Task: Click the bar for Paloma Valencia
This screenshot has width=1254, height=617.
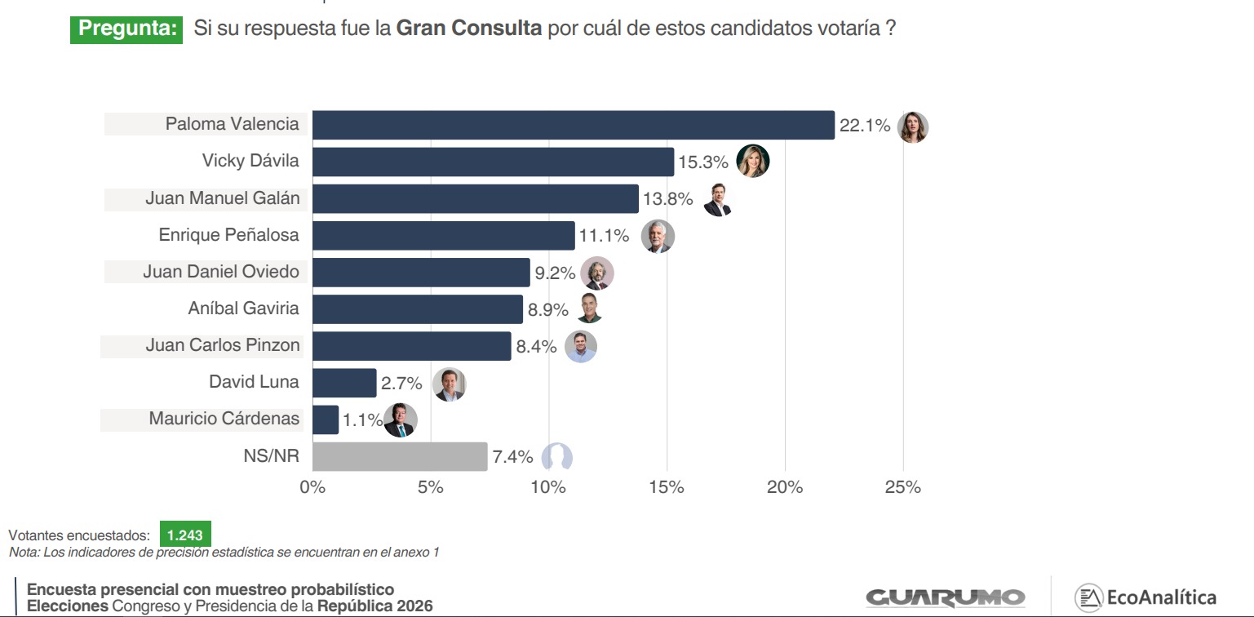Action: tap(573, 126)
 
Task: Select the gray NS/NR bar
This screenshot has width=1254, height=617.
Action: tap(400, 456)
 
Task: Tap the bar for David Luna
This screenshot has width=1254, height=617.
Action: tap(344, 383)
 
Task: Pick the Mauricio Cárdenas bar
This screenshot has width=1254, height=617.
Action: tap(326, 419)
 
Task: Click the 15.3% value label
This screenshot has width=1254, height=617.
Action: tap(702, 162)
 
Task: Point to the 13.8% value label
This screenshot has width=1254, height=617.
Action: tap(667, 199)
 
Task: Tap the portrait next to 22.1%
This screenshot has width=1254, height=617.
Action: tap(912, 127)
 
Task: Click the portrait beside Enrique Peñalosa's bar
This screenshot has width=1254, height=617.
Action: tap(657, 237)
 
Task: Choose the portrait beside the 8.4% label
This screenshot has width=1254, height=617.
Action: tap(581, 347)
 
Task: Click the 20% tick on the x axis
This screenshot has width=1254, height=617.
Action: tap(785, 487)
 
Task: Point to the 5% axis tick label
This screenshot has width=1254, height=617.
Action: tap(431, 487)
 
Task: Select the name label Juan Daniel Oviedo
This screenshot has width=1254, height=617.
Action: tap(221, 272)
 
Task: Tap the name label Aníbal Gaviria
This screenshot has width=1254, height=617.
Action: tap(244, 308)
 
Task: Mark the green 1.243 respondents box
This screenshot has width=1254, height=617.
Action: tap(185, 535)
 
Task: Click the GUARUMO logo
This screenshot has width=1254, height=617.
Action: tap(945, 597)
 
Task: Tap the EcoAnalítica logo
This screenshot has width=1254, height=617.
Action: tap(1145, 597)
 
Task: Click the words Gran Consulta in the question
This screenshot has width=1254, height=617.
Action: tap(469, 29)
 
